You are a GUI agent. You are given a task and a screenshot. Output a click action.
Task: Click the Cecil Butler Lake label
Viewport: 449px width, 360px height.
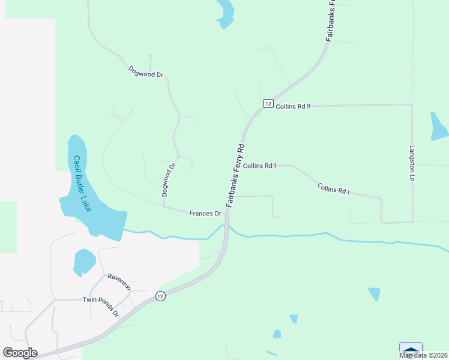coord(82,184)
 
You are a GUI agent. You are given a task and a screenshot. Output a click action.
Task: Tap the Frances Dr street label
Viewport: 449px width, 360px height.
coord(205,213)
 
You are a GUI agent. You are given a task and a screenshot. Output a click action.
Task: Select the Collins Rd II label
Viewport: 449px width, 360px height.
coord(293,106)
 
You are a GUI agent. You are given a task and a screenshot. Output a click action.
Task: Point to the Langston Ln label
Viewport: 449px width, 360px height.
coord(412,163)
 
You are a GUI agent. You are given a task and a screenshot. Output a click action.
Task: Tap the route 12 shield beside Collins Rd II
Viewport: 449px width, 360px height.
coord(268,103)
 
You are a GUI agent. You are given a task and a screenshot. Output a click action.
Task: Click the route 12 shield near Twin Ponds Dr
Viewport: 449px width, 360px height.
coord(160,296)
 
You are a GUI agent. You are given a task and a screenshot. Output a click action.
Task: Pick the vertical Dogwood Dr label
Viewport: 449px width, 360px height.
coord(167,180)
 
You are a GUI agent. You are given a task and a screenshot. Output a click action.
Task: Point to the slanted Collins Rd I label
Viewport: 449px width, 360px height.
coord(333,190)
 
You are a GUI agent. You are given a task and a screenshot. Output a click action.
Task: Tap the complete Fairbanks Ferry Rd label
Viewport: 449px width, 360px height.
coord(235,176)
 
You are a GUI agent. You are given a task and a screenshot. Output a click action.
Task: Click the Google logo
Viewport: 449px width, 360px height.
coord(20,352)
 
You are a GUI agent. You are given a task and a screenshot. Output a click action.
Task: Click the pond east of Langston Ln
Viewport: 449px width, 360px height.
coord(438,125)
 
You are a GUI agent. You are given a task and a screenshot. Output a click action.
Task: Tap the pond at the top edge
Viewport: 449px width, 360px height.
coord(225,13)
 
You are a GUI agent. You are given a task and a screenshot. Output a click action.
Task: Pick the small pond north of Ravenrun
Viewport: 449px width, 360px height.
coord(84,262)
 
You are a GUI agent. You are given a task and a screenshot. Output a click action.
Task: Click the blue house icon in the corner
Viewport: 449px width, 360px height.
coord(411,350)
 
